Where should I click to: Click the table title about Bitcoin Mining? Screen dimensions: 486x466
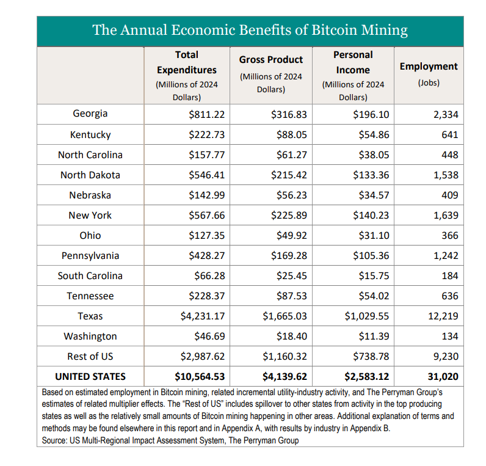coord(250,31)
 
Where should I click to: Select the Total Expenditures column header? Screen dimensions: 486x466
coord(187,76)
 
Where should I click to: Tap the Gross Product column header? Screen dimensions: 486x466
coord(271,74)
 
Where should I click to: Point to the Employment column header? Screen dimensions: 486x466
coord(429,74)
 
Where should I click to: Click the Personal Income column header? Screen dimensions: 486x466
coord(353,76)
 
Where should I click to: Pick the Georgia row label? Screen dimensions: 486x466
coord(90,114)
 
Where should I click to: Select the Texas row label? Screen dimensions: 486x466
coord(90,316)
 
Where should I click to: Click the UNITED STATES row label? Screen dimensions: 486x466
coord(90,376)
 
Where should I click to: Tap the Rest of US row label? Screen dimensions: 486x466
coord(90,356)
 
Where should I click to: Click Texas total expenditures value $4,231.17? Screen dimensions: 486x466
coord(203,316)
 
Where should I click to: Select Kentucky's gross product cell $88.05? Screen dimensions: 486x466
coord(292,135)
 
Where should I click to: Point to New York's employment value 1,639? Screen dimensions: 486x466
coord(446,216)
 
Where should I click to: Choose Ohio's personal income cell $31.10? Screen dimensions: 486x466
coord(374,236)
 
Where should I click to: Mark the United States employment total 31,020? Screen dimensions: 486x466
coord(443,377)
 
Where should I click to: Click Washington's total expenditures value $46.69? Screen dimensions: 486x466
coord(209,337)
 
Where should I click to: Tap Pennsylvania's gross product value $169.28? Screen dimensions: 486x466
coord(289,256)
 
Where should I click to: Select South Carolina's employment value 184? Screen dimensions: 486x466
coord(450,276)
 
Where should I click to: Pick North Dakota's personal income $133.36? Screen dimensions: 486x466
coord(371,175)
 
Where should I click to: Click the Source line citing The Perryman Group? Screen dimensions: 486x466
coord(170,440)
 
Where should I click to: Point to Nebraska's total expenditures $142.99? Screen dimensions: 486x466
coord(207,195)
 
